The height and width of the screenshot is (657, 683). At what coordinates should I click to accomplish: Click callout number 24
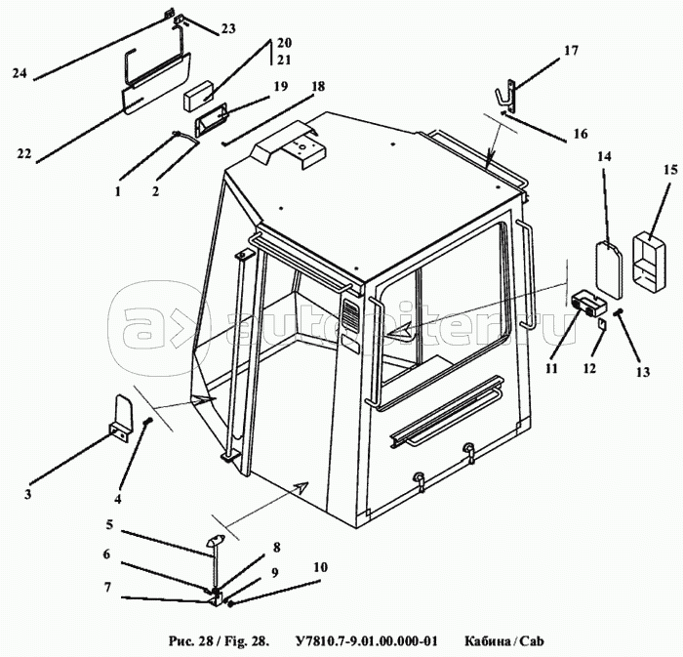pos(20,73)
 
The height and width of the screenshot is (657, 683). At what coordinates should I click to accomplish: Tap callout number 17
pos(571,51)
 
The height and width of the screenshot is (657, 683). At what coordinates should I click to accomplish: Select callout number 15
pos(671,170)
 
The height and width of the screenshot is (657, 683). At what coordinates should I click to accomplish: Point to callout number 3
pos(28,495)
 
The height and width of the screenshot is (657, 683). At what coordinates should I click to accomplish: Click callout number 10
pos(320,567)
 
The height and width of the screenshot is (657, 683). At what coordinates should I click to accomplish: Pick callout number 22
pos(24,153)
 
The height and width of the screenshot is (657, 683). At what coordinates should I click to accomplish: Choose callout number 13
pos(642,372)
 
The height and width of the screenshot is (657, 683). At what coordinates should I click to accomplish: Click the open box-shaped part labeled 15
pos(649,261)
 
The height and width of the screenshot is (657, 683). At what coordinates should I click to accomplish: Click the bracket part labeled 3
pos(122,418)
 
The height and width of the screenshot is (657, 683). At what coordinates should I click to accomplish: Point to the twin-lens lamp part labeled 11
pos(588,303)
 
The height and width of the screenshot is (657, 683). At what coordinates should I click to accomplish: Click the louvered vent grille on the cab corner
pos(349,315)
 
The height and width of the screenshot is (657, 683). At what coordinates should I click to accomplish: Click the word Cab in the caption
pos(533,641)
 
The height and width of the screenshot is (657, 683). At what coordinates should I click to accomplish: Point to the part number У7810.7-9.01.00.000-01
pos(366,641)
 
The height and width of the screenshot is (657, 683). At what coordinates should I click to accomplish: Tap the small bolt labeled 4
pos(147,421)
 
